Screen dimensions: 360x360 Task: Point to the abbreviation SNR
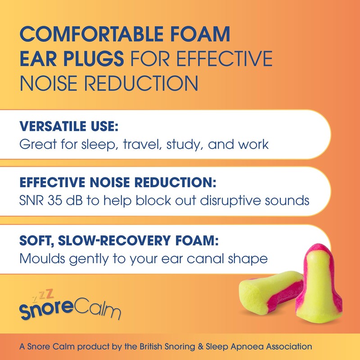tap(31, 200)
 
